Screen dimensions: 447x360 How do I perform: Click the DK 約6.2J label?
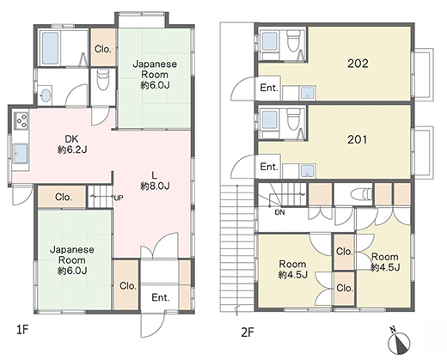[72, 144]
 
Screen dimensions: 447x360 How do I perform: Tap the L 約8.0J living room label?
[155, 180]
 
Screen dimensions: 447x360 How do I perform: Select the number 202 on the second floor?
[358, 64]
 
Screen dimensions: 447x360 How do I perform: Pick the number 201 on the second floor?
[358, 139]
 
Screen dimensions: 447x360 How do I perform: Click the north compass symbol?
[399, 341]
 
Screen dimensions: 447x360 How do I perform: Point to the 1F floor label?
[22, 330]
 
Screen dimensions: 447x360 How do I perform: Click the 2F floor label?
[248, 333]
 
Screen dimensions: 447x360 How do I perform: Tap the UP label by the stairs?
[119, 198]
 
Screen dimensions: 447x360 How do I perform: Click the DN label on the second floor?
[279, 212]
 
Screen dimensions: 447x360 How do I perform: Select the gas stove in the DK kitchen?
[21, 120]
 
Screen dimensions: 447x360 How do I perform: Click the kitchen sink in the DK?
[21, 153]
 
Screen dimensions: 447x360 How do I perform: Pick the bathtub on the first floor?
[51, 48]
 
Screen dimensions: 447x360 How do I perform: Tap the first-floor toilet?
[103, 79]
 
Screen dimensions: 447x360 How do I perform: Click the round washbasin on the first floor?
[46, 95]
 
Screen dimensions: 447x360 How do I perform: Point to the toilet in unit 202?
[293, 40]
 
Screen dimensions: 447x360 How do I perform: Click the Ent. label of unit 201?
[269, 167]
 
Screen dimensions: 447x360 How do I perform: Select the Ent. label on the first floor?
[161, 297]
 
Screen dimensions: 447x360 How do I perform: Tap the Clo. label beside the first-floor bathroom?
[103, 49]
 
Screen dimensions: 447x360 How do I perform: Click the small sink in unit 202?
[308, 93]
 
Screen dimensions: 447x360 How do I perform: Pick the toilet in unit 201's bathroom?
[293, 119]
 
